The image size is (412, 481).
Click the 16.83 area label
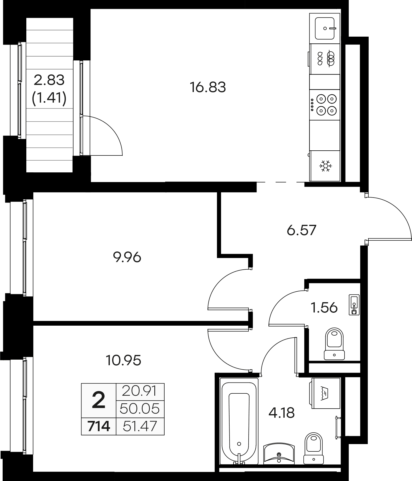(208, 87)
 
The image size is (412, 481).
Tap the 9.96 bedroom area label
(127, 258)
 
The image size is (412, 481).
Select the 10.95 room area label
(123, 360)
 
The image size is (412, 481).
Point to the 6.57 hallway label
(302, 230)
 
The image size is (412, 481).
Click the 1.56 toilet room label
(324, 308)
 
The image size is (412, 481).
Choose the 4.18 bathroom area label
(281, 413)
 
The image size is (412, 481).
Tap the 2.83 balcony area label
(49, 80)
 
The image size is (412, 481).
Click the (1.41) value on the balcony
(49, 98)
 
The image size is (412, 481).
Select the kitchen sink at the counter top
(325, 28)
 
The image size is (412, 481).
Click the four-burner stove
(325, 104)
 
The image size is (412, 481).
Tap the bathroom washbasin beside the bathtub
(279, 454)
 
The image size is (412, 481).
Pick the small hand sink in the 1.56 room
(354, 305)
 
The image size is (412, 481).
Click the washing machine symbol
(325, 393)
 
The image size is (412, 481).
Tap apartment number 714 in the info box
(99, 426)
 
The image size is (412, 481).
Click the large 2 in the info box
(99, 401)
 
